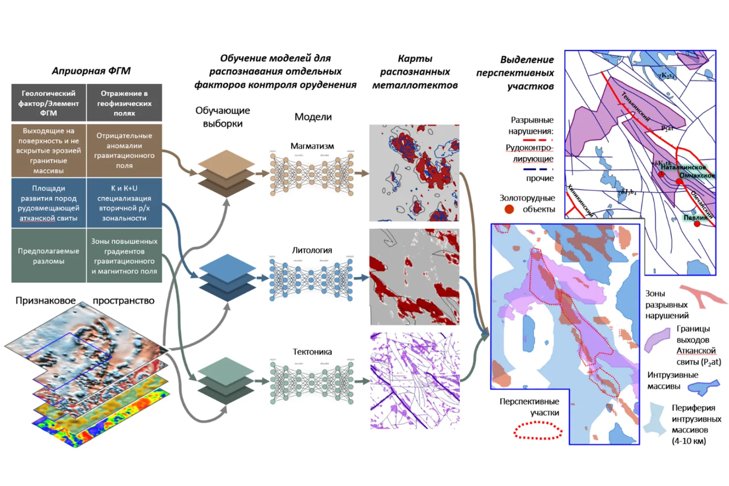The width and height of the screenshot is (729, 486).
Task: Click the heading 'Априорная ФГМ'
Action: (91, 71)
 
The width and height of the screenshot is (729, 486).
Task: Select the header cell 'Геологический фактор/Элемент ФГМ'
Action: (48, 103)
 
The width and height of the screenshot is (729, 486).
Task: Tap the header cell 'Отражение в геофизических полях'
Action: (124, 103)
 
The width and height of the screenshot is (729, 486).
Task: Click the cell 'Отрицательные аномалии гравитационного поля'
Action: (124, 150)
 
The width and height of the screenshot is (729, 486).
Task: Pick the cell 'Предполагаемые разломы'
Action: (48, 256)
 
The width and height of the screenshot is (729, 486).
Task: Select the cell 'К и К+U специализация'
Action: (124, 203)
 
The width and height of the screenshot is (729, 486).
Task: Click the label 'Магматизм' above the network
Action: (312, 146)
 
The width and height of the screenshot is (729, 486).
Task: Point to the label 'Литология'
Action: (312, 250)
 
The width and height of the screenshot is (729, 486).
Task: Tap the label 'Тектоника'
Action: (312, 352)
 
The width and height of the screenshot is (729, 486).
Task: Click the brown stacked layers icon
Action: (226, 173)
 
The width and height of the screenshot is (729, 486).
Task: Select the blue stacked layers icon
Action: (227, 277)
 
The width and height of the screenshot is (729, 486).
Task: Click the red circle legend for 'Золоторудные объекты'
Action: (509, 209)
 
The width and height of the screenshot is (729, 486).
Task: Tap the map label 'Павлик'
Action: (695, 218)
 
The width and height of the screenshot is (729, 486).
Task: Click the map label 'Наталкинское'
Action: (683, 167)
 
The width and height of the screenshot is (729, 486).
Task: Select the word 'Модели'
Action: (313, 117)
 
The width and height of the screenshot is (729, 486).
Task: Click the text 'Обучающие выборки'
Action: (223, 117)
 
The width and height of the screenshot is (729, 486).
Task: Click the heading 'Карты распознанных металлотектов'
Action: (415, 72)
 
